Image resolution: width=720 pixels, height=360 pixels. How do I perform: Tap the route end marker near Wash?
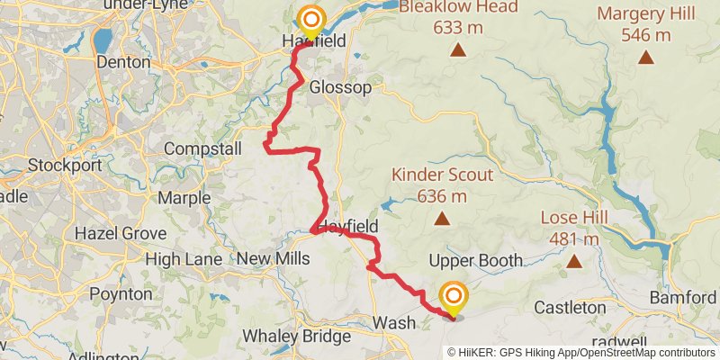click(454, 297)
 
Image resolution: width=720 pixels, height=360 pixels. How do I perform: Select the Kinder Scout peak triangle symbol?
click(442, 219)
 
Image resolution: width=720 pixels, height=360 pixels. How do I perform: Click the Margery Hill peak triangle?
click(645, 58)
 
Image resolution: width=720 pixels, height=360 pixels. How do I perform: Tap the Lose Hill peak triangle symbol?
click(574, 262)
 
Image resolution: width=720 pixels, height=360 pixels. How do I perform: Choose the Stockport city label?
click(60, 166)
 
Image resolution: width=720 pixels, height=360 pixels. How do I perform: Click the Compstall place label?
click(202, 148)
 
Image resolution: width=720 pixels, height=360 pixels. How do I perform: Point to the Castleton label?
click(570, 308)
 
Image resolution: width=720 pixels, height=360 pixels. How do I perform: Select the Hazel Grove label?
click(121, 233)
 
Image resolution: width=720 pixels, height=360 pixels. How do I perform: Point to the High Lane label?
click(184, 259)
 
